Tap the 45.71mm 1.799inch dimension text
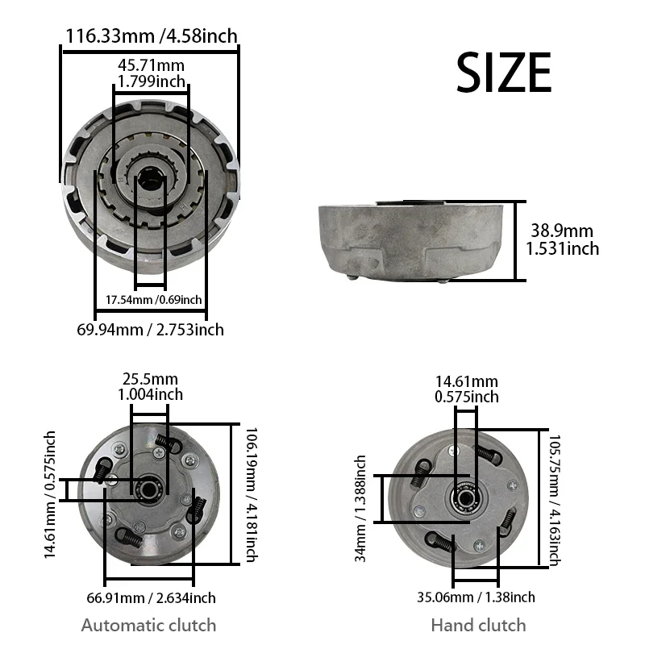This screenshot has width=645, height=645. click(152, 73)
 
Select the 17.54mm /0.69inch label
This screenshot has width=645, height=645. click(153, 300)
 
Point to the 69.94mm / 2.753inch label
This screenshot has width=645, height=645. click(150, 329)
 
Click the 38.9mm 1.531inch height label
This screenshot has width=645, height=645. click(563, 239)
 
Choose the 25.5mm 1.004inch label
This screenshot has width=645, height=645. click(150, 386)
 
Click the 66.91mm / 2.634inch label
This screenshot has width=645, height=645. click(150, 597)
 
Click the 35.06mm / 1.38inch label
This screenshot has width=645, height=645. click(477, 597)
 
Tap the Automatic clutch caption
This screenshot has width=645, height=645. click(148, 625)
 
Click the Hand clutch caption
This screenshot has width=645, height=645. click(478, 625)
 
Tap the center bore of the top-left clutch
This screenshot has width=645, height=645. click(151, 177)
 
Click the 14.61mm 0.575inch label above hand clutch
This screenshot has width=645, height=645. click(466, 389)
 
